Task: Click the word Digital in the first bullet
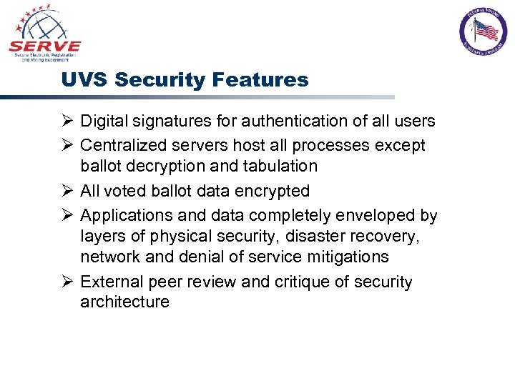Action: [x=103, y=122]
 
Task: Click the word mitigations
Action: [x=346, y=257]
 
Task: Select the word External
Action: [x=109, y=282]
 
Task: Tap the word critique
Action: [x=303, y=282]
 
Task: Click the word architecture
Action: [x=124, y=302]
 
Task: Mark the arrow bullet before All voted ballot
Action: [x=67, y=191]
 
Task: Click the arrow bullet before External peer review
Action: [x=67, y=281]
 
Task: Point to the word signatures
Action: [x=167, y=122]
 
